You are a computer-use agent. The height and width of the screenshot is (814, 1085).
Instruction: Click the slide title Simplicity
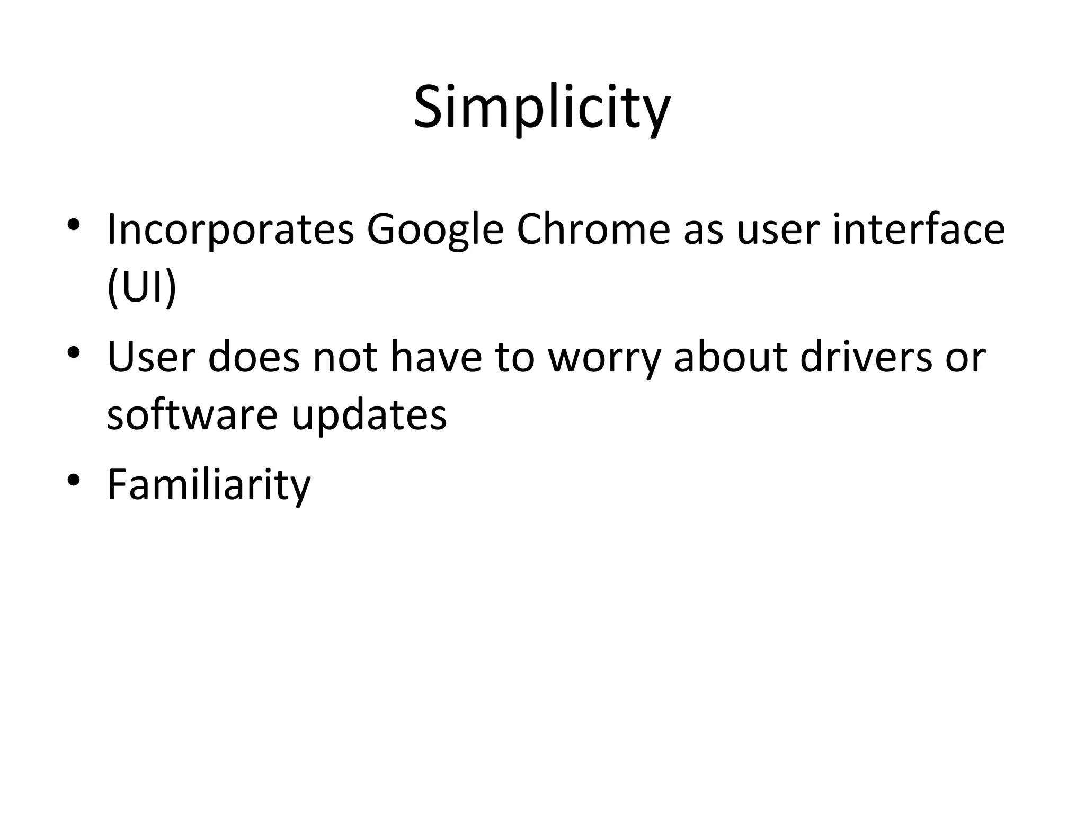[x=541, y=109]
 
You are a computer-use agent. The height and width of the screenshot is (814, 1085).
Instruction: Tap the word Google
[x=434, y=231]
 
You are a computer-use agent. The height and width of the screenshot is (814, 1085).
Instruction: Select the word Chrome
[x=593, y=229]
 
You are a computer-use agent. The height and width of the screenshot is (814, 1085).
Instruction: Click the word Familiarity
[x=209, y=485]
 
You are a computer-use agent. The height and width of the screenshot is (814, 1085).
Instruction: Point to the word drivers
[x=866, y=357]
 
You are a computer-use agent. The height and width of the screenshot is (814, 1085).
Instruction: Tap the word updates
[x=369, y=415]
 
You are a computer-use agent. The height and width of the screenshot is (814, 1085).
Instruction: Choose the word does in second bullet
[x=254, y=357]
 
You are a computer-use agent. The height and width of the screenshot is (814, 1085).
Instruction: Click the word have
[x=436, y=357]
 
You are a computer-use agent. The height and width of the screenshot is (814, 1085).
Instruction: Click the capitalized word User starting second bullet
[x=151, y=357]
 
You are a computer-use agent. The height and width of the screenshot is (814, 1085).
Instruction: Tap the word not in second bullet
[x=345, y=357]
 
